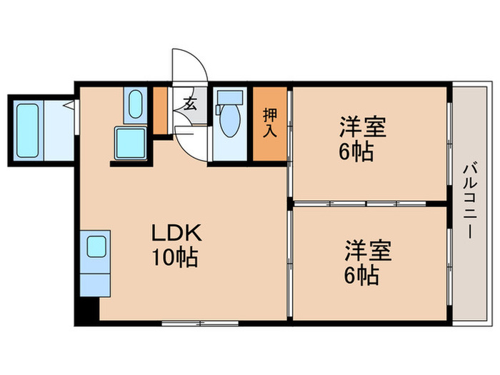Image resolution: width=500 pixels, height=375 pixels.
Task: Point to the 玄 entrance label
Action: coord(191,103)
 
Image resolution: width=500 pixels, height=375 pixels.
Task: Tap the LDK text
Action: coord(176,233)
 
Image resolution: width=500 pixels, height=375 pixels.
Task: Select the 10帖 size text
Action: coord(174,256)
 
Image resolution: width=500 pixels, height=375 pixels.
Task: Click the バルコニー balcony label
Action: coord(470,201)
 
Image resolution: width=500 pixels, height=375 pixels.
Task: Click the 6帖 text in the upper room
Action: coord(355,151)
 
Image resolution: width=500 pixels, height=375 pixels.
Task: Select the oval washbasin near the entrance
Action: coord(136,104)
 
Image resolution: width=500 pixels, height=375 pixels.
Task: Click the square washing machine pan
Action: coord(131,144)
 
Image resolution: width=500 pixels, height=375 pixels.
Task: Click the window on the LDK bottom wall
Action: coord(199,323)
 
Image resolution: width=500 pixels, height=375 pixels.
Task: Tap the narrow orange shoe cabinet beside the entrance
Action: coord(161,110)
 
